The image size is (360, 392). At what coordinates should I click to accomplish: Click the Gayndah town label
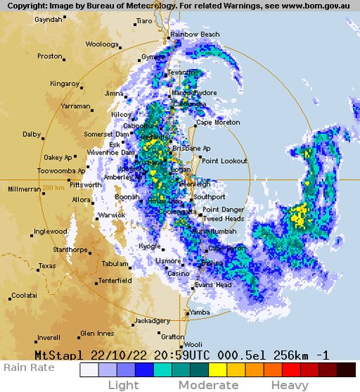[x=48, y=20]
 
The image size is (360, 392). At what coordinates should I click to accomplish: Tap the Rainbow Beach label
[x=195, y=34]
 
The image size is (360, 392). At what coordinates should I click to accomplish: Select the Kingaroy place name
[x=64, y=83]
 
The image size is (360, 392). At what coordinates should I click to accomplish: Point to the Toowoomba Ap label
[x=61, y=171]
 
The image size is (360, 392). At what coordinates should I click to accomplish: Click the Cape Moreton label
[x=218, y=123]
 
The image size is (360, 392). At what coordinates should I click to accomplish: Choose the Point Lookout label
[x=224, y=161]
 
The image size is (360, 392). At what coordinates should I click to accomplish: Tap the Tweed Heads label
[x=223, y=219]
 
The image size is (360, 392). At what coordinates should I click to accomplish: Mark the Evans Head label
[x=213, y=285]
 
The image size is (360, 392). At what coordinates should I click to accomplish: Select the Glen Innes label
[x=97, y=333]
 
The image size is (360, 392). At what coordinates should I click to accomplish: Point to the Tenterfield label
[x=115, y=281]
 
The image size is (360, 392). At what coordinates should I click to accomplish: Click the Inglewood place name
[x=50, y=231]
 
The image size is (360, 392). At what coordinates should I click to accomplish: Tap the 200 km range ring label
[x=53, y=188]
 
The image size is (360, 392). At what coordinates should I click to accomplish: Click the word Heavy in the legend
[x=290, y=385]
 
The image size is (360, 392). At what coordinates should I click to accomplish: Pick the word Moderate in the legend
[x=208, y=385]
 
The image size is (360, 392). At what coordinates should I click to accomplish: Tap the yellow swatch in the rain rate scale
[x=217, y=369]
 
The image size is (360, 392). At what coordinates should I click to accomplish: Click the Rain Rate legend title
[x=29, y=367]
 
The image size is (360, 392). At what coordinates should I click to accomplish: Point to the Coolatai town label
[x=24, y=295]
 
